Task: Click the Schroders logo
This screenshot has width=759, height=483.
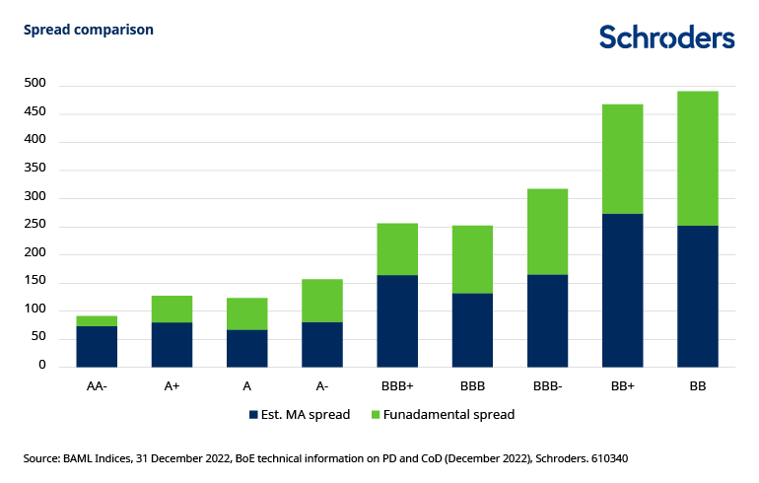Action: pos(666,37)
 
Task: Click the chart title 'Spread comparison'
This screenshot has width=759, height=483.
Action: pos(88,30)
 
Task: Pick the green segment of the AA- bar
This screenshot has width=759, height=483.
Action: pos(96,320)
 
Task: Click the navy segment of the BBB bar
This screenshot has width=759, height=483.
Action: pos(471,330)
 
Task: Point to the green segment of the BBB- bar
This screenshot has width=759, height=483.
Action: pos(546,232)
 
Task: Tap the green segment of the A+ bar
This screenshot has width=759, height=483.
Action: pos(171,309)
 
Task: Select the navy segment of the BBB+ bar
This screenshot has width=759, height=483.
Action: pos(396,320)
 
